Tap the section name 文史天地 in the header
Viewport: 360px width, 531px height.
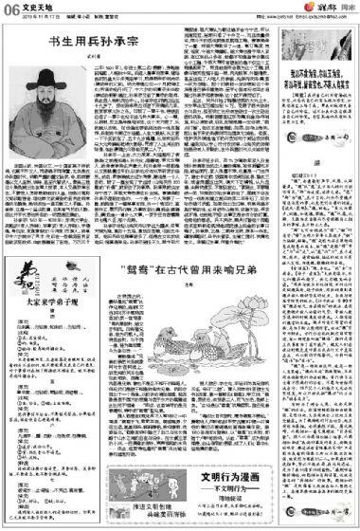pos(33,8)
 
